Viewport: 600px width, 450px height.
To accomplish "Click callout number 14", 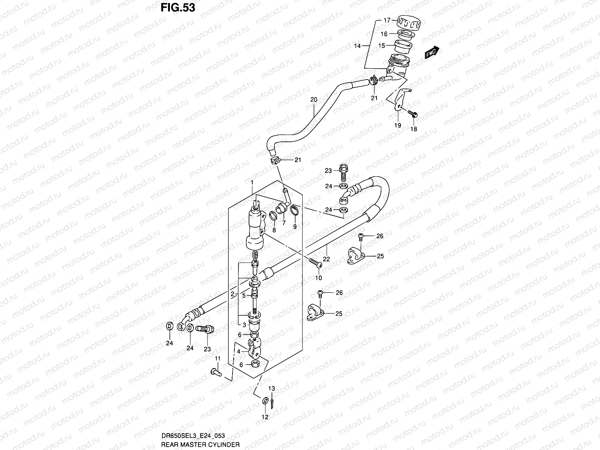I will coord(357,46).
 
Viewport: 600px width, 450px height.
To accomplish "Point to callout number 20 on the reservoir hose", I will coord(313,100).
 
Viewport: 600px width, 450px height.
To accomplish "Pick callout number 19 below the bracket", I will coord(398,125).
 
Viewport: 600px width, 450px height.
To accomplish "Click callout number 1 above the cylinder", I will coord(252,183).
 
